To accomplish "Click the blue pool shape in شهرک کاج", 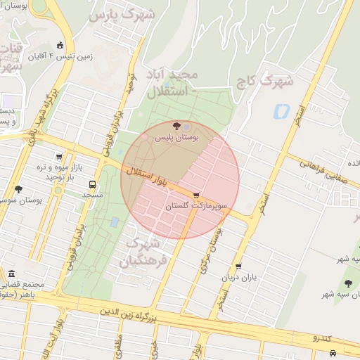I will pyautogui.click(x=282, y=111).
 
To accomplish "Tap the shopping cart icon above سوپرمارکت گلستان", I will pyautogui.click(x=196, y=196).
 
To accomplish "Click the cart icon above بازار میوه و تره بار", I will pyautogui.click(x=59, y=157).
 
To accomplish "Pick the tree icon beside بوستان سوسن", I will pyautogui.click(x=18, y=189).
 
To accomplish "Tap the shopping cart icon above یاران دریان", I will pyautogui.click(x=239, y=266).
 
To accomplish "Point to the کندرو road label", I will pyautogui.click(x=326, y=338).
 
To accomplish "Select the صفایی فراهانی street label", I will pyautogui.click(x=321, y=166).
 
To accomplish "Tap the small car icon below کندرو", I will pyautogui.click(x=333, y=352).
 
